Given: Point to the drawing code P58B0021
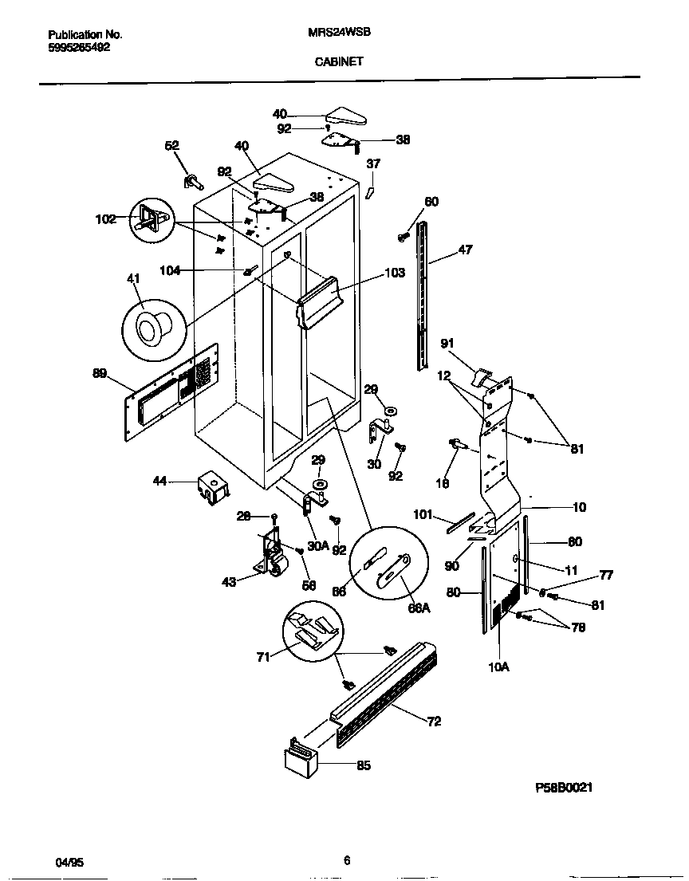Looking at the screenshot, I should (564, 787).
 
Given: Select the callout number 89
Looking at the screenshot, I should (99, 372).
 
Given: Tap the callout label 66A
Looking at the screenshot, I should (419, 609).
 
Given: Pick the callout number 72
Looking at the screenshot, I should (434, 722).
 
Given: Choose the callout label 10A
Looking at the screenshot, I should (498, 667).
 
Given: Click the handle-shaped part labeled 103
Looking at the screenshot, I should (321, 299).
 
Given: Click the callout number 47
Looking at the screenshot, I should (465, 250).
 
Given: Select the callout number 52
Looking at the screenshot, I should (171, 146).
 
